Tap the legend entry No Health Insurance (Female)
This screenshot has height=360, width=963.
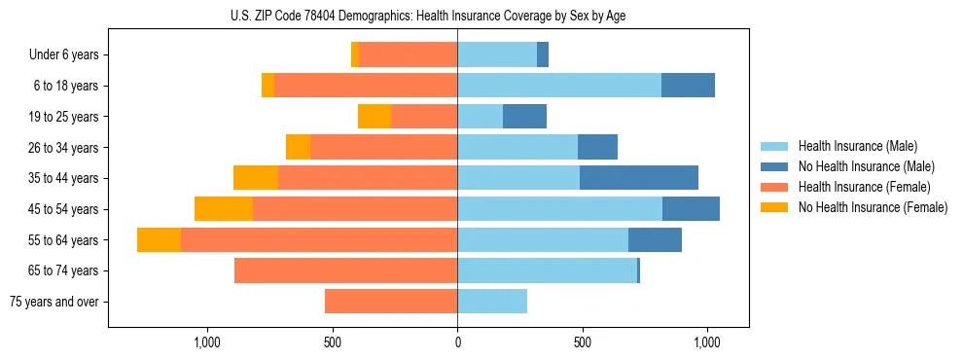point(873,207)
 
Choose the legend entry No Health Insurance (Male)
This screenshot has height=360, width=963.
point(866,166)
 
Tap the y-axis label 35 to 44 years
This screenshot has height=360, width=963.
point(64,178)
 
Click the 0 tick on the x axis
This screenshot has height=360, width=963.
point(457,342)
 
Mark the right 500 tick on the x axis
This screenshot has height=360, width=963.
point(583,342)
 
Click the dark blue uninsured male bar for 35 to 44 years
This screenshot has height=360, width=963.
point(639,178)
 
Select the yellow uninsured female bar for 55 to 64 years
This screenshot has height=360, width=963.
point(159,239)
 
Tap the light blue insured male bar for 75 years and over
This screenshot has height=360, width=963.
point(492,302)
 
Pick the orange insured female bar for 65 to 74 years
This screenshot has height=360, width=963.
point(345,270)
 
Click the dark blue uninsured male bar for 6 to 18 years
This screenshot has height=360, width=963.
point(688,86)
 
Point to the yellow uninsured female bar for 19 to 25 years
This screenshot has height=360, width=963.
point(374,117)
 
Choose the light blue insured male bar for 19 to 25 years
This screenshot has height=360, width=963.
point(480,117)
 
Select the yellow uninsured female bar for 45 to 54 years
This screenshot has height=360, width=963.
point(224,209)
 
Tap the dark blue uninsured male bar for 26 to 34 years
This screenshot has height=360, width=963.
point(597,147)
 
